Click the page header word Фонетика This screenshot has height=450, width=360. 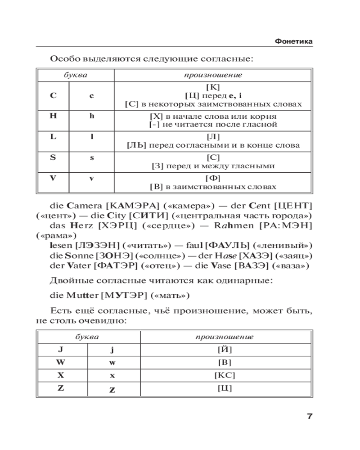pyautogui.click(x=293, y=42)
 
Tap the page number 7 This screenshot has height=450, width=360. pyautogui.click(x=309, y=416)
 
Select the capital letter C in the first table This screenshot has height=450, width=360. pyautogui.click(x=53, y=95)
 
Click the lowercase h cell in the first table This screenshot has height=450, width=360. pyautogui.click(x=91, y=116)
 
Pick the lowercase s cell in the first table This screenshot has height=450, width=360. pyautogui.click(x=91, y=157)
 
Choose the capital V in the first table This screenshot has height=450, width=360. pyautogui.click(x=53, y=178)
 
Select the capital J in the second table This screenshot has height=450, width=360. pyautogui.click(x=60, y=349)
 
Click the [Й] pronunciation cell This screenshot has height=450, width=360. pyautogui.click(x=225, y=349)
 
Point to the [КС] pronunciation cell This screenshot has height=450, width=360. pyautogui.click(x=225, y=375)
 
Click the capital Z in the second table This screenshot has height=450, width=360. pyautogui.click(x=60, y=387)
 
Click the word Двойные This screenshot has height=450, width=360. pyautogui.click(x=69, y=281)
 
